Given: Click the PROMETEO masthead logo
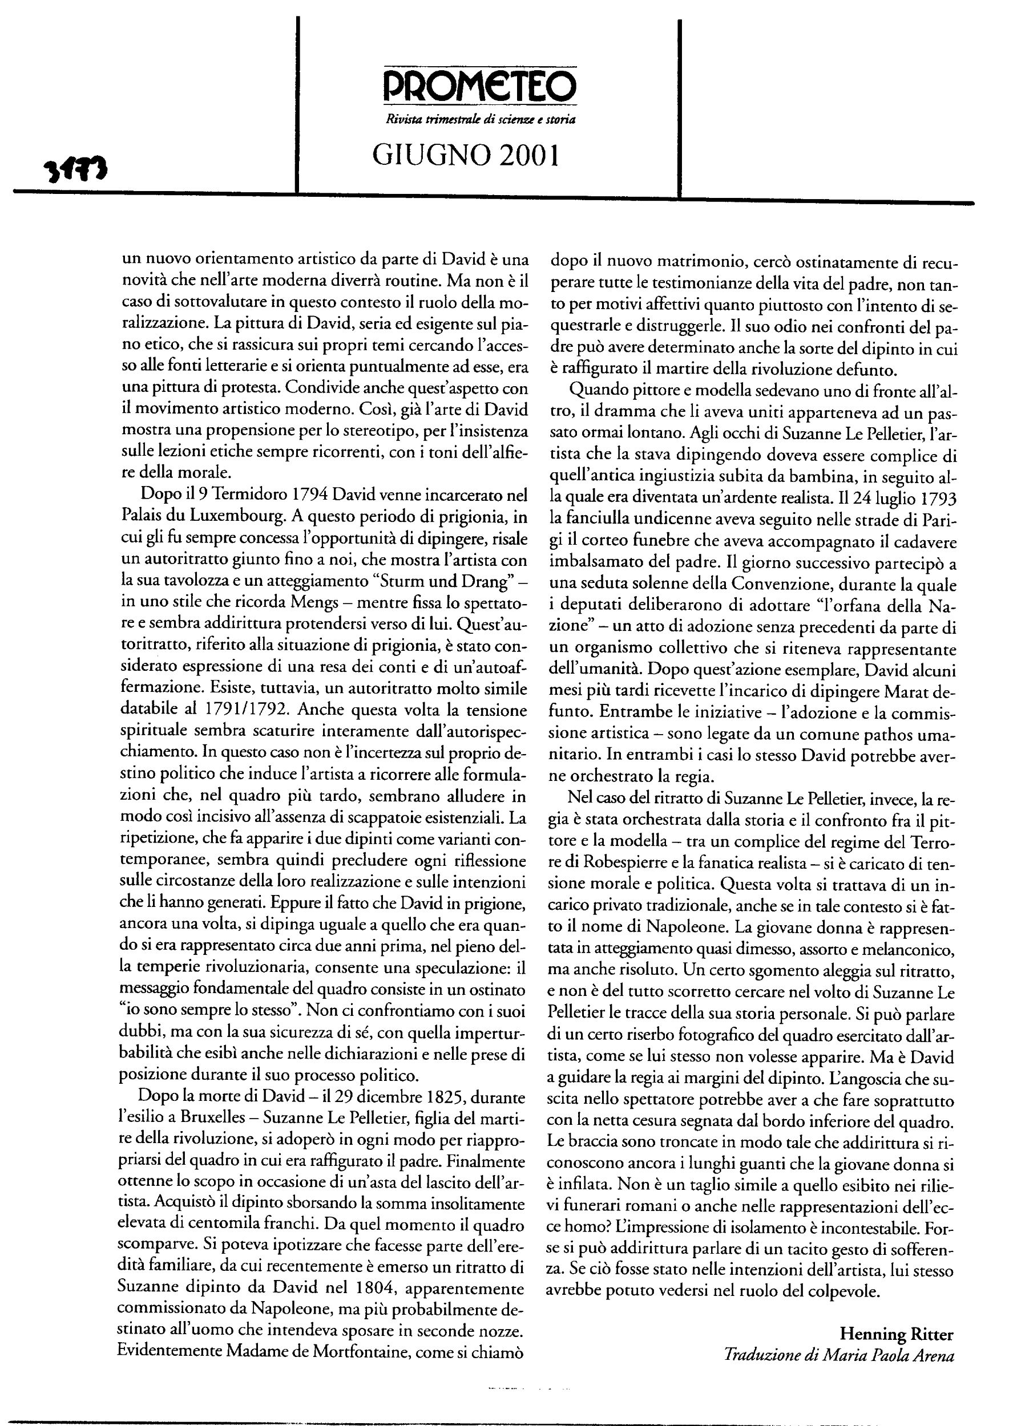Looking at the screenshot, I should pos(479,86).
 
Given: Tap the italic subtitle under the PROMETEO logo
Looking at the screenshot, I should pos(481,120).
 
